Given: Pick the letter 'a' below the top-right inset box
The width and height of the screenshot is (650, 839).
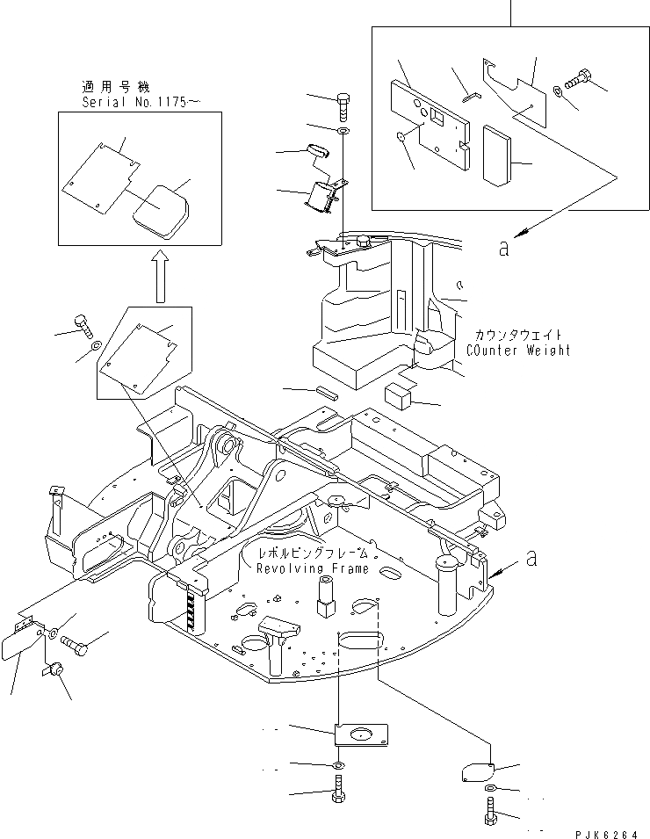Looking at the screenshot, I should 502,248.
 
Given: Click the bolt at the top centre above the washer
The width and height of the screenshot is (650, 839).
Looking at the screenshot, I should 343,105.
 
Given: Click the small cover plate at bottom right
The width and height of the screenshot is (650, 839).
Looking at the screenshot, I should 478,771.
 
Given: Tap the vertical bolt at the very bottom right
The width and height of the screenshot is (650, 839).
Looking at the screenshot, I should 489,808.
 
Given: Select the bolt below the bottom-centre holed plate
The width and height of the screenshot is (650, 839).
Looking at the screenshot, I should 338,791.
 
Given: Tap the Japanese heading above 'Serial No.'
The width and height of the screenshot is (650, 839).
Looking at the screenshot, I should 116,87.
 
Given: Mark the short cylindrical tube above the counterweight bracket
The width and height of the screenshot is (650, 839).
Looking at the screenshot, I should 317,150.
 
